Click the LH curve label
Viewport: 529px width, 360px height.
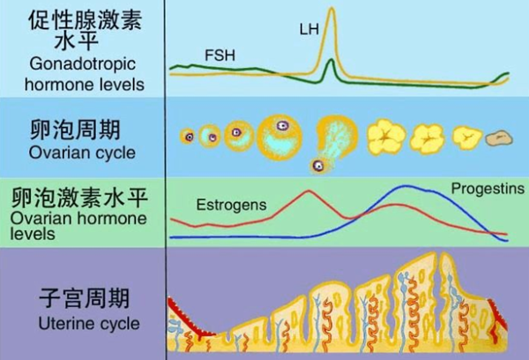[x=309, y=29]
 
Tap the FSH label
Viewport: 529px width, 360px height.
[x=220, y=55]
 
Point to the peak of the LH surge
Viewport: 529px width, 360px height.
[x=332, y=8]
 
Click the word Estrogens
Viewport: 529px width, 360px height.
[x=231, y=205]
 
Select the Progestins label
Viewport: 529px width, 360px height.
[x=488, y=189]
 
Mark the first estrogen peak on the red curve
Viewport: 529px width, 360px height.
[x=309, y=191]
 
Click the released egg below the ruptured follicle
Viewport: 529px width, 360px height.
[x=317, y=166]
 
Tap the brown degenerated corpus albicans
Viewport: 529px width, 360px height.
[x=499, y=139]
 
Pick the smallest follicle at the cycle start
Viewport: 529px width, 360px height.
[x=189, y=137]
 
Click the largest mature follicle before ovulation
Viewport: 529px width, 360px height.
[x=279, y=138]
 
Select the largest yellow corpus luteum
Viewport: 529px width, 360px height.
[x=386, y=137]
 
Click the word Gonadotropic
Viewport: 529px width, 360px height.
[x=83, y=64]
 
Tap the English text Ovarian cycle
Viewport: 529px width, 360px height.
[x=82, y=153]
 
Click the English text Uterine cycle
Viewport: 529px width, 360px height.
[x=89, y=323]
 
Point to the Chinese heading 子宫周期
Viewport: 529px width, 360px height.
[x=84, y=297]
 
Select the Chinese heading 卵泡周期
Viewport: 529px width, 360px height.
[x=75, y=130]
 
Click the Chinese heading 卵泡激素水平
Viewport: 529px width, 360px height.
[x=79, y=198]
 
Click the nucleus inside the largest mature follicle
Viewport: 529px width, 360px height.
[x=282, y=126]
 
